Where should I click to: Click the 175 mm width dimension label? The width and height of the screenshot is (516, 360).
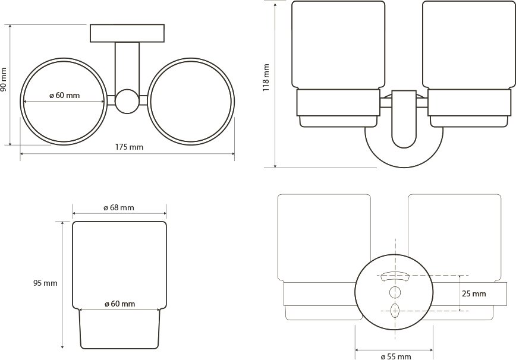pos(130,147)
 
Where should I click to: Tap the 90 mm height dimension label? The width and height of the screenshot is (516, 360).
pos(4,80)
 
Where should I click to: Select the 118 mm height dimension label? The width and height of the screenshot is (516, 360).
pos(266,78)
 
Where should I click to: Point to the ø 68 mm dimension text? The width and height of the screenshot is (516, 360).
pos(119,208)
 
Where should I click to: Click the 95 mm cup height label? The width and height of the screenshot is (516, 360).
pos(45,283)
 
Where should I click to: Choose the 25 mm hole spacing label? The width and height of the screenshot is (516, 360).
pos(474,293)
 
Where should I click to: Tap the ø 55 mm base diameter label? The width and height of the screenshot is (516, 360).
pos(395,356)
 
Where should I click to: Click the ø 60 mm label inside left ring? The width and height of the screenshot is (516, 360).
pos(64,96)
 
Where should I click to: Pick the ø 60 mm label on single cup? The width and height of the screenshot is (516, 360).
pos(120,304)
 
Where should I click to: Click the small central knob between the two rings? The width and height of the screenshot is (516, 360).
pos(127,101)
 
